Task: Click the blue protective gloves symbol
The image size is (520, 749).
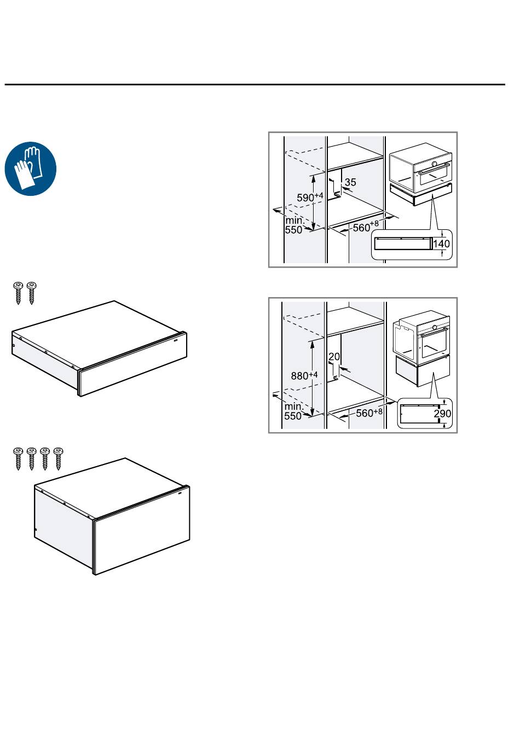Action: [x=31, y=169]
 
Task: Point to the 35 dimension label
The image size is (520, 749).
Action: [x=350, y=182]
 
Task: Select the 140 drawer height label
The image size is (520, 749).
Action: [x=441, y=244]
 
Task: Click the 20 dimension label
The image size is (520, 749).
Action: [x=334, y=357]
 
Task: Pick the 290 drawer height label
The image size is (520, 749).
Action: [x=442, y=414]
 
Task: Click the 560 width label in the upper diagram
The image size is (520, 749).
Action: [x=366, y=227]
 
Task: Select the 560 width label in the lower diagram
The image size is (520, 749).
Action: [x=369, y=413]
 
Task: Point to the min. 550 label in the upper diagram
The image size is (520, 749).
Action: [x=295, y=225]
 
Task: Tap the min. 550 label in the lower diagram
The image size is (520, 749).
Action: [x=294, y=411]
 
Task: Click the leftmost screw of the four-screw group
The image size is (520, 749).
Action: [x=18, y=459]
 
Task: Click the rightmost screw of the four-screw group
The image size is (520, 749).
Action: [x=58, y=459]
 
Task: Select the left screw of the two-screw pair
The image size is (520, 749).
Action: [x=18, y=293]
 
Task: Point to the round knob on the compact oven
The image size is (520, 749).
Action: [x=434, y=164]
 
